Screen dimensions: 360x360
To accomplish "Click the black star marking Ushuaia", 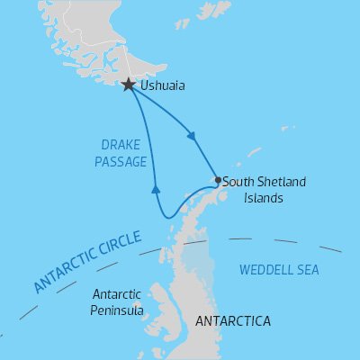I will pyautogui.click(x=129, y=85).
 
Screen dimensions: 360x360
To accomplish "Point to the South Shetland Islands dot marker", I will pyautogui.click(x=218, y=180).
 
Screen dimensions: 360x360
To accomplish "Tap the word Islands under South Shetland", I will pyautogui.click(x=243, y=196).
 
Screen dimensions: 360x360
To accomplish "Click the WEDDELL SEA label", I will pyautogui.click(x=279, y=269).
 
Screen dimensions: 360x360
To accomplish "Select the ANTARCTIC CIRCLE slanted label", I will pyautogui.click(x=87, y=262).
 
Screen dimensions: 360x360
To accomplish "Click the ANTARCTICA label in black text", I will pyautogui.click(x=232, y=320).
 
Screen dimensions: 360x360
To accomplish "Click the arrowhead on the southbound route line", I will pyautogui.click(x=191, y=137).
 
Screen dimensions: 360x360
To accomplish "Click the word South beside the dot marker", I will pyautogui.click(x=238, y=182).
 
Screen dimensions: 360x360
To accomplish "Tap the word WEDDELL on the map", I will pyautogui.click(x=266, y=269).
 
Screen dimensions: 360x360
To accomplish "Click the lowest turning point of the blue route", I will pyautogui.click(x=166, y=217).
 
